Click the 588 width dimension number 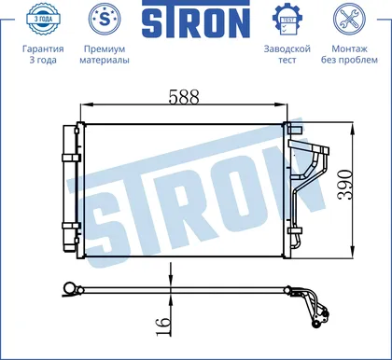coord(184,97)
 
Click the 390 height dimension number coord(346,185)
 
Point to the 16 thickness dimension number coord(163,326)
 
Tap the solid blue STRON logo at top coord(196,20)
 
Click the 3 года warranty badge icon coord(43,19)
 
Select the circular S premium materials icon coord(105,19)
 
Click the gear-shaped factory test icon coord(287,20)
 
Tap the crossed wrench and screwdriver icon coord(349,19)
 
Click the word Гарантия coord(43,49)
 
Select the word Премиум coord(105,49)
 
